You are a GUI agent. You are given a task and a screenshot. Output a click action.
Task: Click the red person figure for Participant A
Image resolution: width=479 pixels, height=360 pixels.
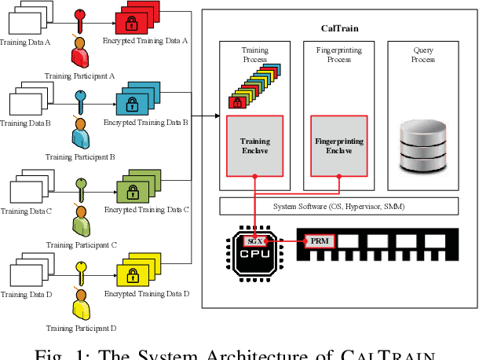tap(79, 55)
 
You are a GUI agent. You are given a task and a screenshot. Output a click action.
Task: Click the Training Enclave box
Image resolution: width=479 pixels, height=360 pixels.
tap(254, 146)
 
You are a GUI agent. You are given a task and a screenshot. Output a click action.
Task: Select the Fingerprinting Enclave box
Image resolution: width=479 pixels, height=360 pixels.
tap(338, 146)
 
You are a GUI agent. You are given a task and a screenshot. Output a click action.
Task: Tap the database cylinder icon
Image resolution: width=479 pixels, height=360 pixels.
tap(422, 144)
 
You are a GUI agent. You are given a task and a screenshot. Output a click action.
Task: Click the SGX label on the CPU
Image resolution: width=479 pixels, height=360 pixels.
tap(254, 241)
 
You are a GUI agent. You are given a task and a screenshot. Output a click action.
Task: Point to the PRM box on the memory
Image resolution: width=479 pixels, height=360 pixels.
tap(319, 241)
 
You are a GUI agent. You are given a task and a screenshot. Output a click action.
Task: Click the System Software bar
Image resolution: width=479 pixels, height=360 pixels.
tap(338, 206)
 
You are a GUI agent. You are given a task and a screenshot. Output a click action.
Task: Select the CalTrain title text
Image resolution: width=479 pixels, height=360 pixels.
tap(340, 28)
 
